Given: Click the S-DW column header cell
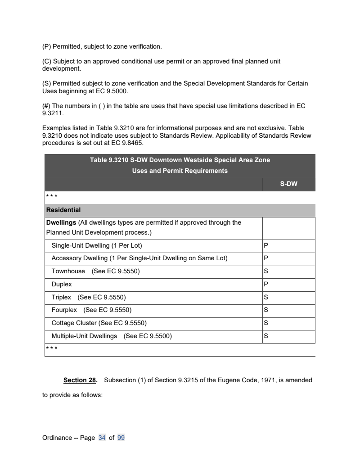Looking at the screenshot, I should pyautogui.click(x=288, y=184).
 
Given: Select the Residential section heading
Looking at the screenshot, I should pyautogui.click(x=63, y=210).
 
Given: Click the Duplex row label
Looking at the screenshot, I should pyautogui.click(x=62, y=285).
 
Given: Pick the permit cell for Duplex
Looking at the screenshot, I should pyautogui.click(x=288, y=285).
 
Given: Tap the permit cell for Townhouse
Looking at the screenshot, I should pyautogui.click(x=288, y=271).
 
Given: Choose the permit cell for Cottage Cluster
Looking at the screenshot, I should pyautogui.click(x=288, y=323).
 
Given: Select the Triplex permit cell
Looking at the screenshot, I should pyautogui.click(x=288, y=298).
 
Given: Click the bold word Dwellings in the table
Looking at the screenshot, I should pyautogui.click(x=61, y=222).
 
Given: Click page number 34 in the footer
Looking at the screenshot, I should pyautogui.click(x=102, y=438).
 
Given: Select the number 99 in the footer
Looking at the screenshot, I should pyautogui.click(x=121, y=438).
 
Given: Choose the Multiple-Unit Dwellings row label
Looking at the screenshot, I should pyautogui.click(x=84, y=336).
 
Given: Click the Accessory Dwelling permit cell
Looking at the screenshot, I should pyautogui.click(x=288, y=258).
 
